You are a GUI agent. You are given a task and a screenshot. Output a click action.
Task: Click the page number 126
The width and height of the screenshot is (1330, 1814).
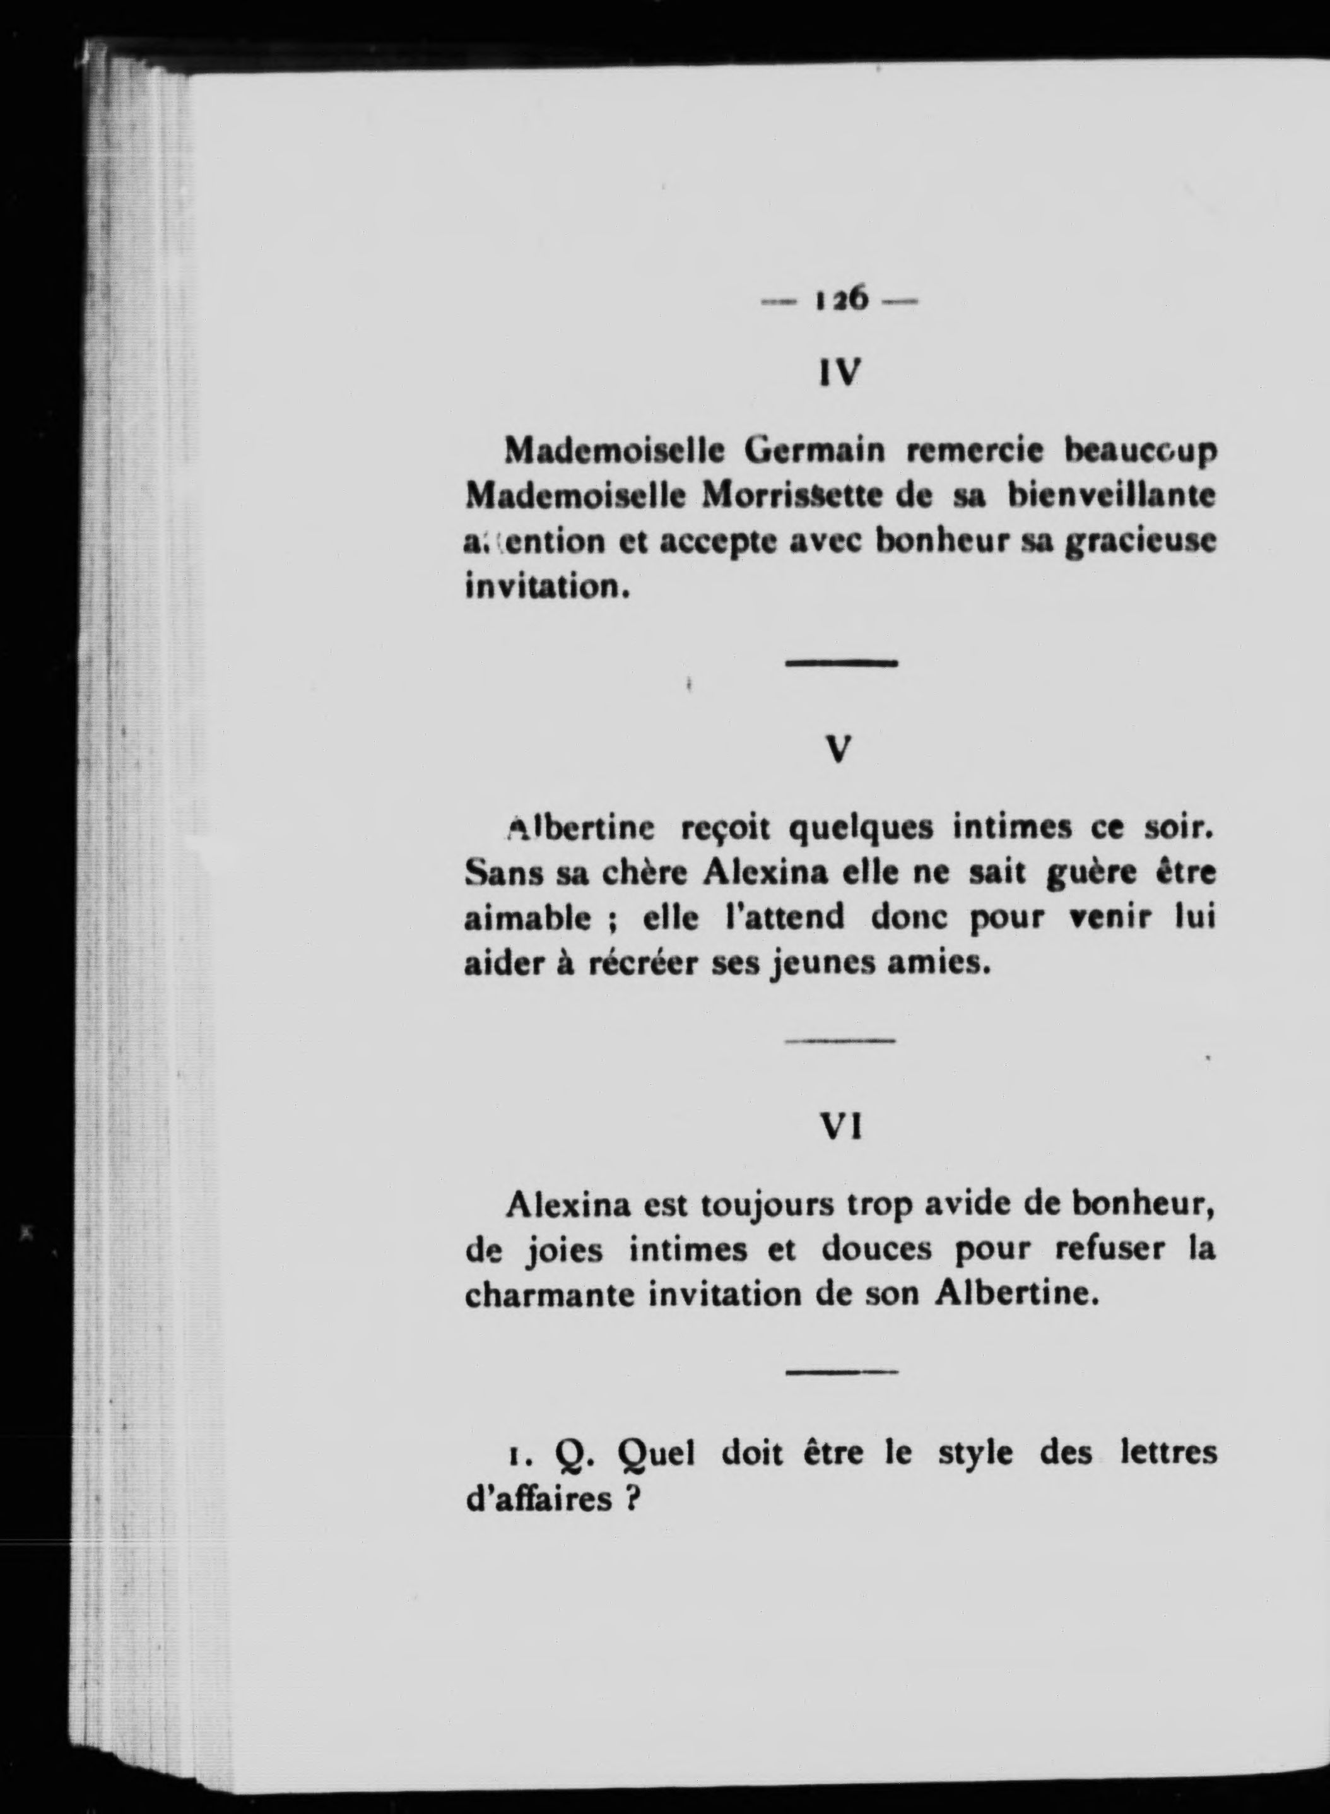click(x=840, y=300)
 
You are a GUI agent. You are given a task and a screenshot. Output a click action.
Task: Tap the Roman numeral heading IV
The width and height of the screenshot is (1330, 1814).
click(x=839, y=372)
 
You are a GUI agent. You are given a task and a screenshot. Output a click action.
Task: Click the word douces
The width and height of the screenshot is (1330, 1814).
click(x=877, y=1251)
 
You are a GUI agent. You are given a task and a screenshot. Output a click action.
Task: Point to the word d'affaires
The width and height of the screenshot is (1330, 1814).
click(x=539, y=1499)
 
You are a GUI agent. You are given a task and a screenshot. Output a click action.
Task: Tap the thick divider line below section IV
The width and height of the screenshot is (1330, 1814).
click(x=840, y=663)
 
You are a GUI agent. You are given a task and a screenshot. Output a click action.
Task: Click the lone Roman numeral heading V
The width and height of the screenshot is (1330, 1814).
click(x=839, y=750)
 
